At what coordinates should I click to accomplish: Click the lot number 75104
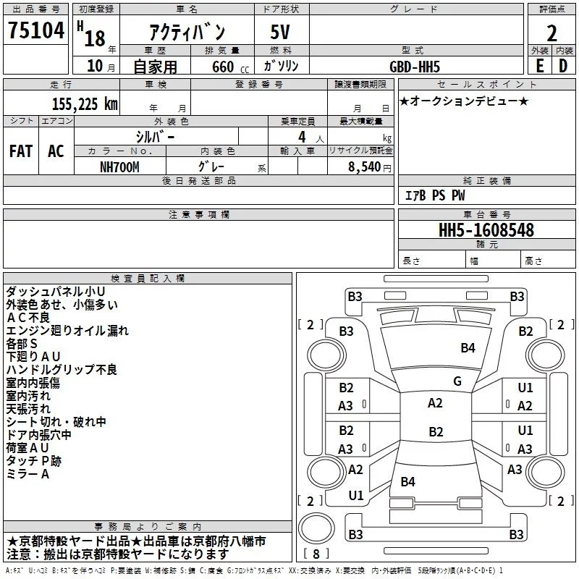36,30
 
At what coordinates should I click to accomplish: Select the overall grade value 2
551,33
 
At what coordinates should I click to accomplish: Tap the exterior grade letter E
540,66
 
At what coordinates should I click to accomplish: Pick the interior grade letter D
563,66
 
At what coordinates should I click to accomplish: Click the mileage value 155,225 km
85,104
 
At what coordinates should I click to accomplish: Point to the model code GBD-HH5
415,67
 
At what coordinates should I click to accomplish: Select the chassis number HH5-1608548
486,230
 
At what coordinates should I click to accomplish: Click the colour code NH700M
119,167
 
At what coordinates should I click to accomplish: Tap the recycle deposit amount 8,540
365,167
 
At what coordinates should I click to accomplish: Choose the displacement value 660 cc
230,67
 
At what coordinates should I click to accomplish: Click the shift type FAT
21,151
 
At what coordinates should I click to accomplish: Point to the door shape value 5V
280,32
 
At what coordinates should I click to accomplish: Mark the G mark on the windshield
457,381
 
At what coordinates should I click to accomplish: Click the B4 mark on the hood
468,347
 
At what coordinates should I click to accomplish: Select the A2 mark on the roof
435,403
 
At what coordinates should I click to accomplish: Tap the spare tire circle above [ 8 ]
316,528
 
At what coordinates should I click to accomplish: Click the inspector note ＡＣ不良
28,318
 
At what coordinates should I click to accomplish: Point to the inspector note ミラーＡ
28,474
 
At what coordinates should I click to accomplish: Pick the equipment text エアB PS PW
435,195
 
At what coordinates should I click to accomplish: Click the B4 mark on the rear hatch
407,481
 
